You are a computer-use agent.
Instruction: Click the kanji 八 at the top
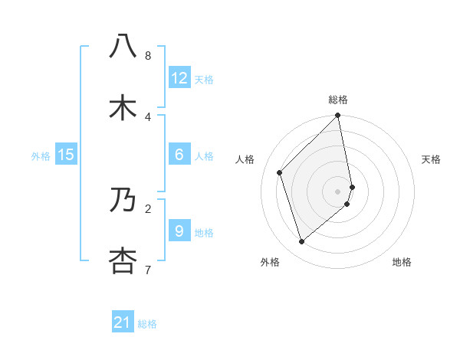point(123,46)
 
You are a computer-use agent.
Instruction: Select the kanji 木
point(123,107)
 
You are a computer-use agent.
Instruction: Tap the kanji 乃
point(123,199)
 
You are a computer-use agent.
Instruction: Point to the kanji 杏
point(123,260)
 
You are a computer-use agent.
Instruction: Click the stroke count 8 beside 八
point(148,56)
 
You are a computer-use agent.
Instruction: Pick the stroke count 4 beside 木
point(148,116)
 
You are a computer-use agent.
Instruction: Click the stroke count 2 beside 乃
point(148,208)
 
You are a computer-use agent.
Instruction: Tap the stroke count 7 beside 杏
point(148,270)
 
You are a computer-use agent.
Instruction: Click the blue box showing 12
point(179,78)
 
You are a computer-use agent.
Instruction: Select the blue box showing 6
point(179,155)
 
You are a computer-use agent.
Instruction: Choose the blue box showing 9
point(179,231)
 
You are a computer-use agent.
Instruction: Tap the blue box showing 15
point(66,155)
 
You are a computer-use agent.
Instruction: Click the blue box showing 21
point(123,322)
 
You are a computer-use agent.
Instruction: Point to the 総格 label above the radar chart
point(338,100)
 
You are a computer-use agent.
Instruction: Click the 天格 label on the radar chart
point(432,159)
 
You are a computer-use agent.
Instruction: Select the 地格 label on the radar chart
point(402,262)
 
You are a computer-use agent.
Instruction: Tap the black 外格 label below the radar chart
point(270,262)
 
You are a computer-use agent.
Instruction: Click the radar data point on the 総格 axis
point(338,116)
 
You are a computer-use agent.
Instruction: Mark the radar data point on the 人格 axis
point(280,172)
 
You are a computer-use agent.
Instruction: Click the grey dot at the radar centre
point(338,191)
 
